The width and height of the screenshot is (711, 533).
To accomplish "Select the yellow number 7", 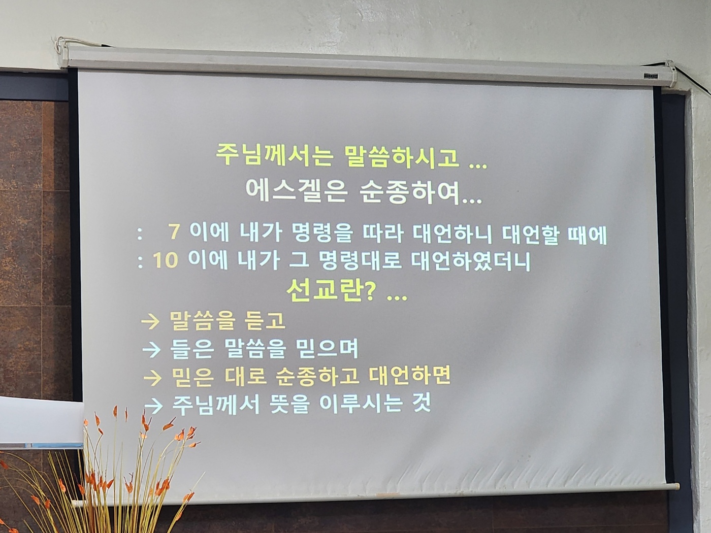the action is click(x=174, y=232).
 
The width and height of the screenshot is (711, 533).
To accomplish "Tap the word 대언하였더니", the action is click(x=470, y=261).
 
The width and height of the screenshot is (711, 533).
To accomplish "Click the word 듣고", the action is click(x=265, y=321).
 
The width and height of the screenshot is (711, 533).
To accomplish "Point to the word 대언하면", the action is click(x=409, y=376).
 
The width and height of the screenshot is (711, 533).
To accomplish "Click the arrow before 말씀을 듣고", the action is click(x=151, y=322).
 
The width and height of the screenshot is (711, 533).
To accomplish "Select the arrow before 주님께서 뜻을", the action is click(x=152, y=406).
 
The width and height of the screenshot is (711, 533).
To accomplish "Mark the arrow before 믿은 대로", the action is click(x=152, y=378).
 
